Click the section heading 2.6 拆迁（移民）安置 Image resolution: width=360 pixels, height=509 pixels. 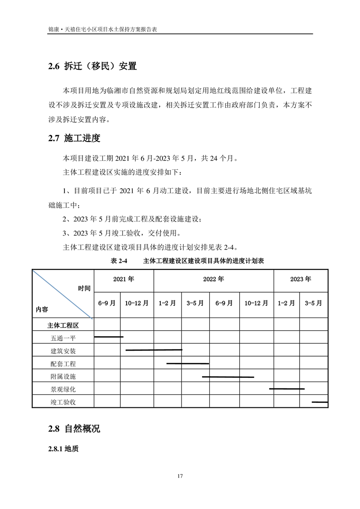point(92,66)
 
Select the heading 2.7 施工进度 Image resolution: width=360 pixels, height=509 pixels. point(74,138)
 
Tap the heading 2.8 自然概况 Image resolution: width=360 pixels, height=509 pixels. point(74,428)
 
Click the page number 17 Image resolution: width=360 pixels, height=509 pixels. point(180,476)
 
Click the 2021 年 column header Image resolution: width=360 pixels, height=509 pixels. point(123,279)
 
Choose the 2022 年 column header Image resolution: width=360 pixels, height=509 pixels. point(213,279)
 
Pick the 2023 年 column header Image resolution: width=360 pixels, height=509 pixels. point(301,279)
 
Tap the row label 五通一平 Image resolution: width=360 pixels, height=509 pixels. point(63,338)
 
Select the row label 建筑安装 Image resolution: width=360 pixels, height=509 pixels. point(63,351)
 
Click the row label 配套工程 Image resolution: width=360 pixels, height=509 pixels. point(63,364)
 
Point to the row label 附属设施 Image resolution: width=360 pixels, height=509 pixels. point(63,377)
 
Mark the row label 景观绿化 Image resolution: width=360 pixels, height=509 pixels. point(63,389)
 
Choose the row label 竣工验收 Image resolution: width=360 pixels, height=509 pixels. point(63,402)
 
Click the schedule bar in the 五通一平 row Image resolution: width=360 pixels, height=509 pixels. point(108,337)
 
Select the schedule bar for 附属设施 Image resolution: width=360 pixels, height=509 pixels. point(228,377)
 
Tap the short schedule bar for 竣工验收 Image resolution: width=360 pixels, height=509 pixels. point(320,402)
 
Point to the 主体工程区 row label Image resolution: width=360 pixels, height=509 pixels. point(63,325)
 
